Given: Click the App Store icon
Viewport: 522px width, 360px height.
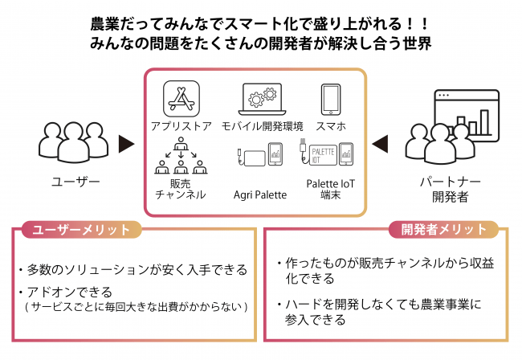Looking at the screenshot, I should coord(179,99).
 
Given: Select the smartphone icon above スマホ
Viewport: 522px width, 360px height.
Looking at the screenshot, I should coord(330,100).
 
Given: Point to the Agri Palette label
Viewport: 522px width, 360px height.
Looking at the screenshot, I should coord(259,194).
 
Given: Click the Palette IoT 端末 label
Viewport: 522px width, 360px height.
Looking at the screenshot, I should coord(330,189).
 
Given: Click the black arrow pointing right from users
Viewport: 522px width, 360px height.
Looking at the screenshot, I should coord(127,145).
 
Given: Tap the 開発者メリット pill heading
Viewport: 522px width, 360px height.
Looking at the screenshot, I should coord(443,229).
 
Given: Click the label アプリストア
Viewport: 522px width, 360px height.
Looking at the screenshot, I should coord(180,126).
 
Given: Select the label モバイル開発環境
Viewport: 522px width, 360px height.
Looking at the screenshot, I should coord(262,126).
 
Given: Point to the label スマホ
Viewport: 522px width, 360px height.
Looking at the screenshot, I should coord(331,126).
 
